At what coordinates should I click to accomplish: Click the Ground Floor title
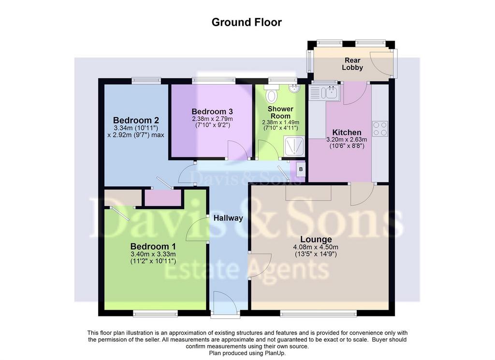click(247, 22)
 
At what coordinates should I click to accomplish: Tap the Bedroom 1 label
click(153, 246)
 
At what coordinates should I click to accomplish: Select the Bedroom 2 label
click(136, 120)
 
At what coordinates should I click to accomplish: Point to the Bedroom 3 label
click(212, 112)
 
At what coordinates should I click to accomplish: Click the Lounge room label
click(316, 239)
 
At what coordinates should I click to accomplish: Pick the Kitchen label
click(347, 133)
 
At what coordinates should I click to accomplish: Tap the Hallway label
click(228, 218)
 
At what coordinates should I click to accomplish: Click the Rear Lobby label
click(352, 64)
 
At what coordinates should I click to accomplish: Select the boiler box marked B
click(301, 169)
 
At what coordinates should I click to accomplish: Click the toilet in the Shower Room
click(271, 93)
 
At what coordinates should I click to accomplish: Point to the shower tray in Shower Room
click(294, 146)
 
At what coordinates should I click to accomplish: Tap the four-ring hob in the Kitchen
click(380, 129)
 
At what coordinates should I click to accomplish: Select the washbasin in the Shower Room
click(294, 88)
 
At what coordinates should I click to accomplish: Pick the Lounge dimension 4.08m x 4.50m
click(316, 247)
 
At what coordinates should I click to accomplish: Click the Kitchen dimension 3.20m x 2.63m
click(347, 140)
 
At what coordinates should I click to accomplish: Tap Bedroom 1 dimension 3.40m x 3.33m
click(153, 254)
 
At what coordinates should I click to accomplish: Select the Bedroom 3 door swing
click(237, 150)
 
